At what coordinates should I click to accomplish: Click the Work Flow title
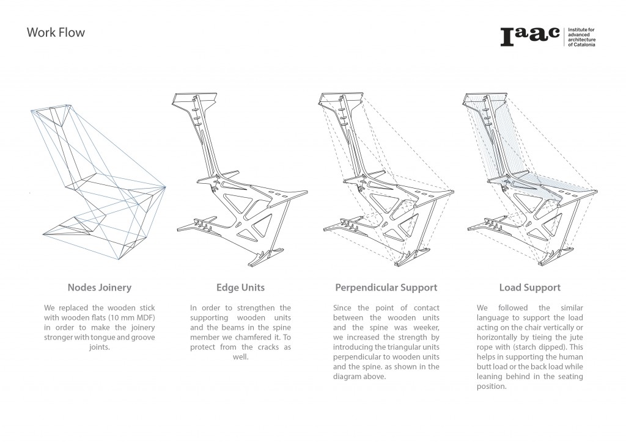click(x=56, y=32)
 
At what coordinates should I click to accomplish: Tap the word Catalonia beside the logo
click(x=584, y=45)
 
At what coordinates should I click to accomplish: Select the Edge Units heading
click(x=240, y=287)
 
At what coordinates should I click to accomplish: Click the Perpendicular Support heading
click(x=386, y=287)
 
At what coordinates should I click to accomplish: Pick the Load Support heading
click(x=529, y=287)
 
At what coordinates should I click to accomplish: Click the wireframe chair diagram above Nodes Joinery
click(x=98, y=183)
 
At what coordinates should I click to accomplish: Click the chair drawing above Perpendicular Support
click(x=385, y=183)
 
